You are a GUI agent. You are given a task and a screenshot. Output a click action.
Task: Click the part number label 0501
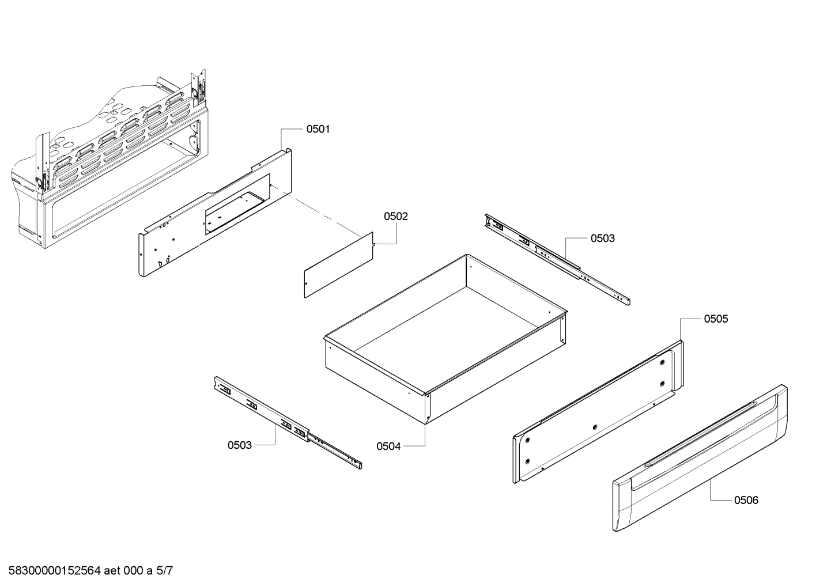318,129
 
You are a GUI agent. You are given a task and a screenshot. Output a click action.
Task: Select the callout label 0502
396,217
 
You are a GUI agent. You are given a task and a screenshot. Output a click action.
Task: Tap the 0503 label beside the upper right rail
602,238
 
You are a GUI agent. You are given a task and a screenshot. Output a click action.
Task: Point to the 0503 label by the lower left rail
240,445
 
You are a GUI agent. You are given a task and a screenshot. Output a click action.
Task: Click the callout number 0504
388,446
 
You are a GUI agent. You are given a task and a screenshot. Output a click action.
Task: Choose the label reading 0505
715,319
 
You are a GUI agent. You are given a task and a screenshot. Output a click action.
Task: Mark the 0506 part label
746,500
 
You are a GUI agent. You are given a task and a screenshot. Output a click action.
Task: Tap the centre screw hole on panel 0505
594,427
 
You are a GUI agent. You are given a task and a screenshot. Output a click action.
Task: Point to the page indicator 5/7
164,571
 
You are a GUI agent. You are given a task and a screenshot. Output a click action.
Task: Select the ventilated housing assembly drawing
109,167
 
